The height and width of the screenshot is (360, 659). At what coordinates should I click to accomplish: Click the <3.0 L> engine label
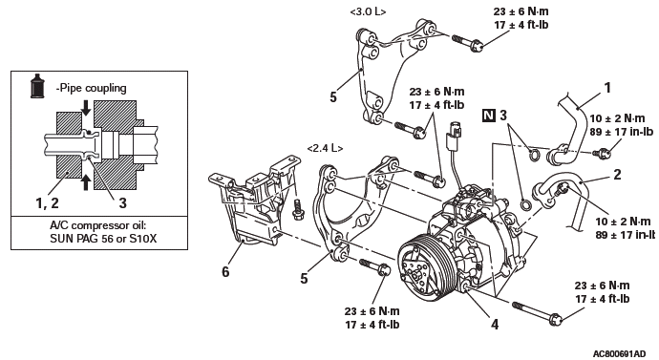click(368, 11)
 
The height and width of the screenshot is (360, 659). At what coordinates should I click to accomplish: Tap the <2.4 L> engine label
click(325, 148)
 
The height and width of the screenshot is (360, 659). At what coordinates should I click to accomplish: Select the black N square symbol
click(489, 116)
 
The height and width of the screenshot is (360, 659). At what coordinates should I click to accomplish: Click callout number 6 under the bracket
click(225, 271)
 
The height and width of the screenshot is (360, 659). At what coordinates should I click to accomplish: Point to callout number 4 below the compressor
click(495, 324)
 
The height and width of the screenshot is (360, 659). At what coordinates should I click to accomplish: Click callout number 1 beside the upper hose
click(606, 88)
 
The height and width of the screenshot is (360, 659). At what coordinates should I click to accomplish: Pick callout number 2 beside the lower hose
click(617, 175)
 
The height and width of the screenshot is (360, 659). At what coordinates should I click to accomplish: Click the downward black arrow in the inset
click(86, 108)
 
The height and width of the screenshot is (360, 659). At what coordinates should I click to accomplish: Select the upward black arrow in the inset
click(86, 182)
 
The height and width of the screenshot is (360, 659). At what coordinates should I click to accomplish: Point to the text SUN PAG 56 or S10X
click(103, 239)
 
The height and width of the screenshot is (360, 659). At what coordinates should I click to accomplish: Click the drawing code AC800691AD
click(619, 353)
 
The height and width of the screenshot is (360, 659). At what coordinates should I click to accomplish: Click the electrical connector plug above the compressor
click(456, 130)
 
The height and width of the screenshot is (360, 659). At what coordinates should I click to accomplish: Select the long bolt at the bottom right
click(537, 314)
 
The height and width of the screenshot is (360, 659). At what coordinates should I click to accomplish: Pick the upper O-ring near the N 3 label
click(535, 155)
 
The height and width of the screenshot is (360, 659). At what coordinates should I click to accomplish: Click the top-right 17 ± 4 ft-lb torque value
click(521, 25)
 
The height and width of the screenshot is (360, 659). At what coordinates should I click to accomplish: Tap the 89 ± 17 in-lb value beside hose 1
click(622, 132)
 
